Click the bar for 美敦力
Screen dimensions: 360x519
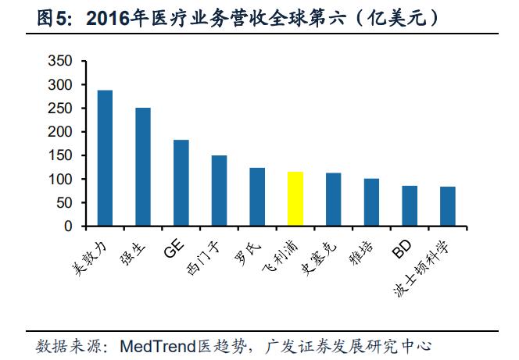pos(105,159)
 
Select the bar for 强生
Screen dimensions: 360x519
pos(143,167)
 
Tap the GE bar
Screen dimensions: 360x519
pos(181,184)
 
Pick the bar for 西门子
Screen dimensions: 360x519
pos(219,191)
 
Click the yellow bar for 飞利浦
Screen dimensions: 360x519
pos(295,199)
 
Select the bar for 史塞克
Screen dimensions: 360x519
pos(333,200)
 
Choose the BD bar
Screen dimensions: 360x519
pos(410,206)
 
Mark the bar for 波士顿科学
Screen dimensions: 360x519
pos(447,207)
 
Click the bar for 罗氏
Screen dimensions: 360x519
pos(257,197)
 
